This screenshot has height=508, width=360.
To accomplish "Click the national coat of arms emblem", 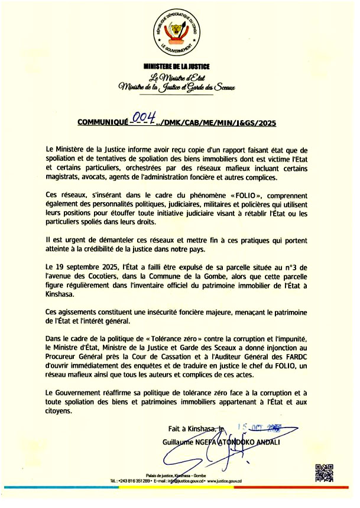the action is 177,32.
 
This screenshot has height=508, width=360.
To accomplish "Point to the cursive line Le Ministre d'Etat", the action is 177,77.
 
